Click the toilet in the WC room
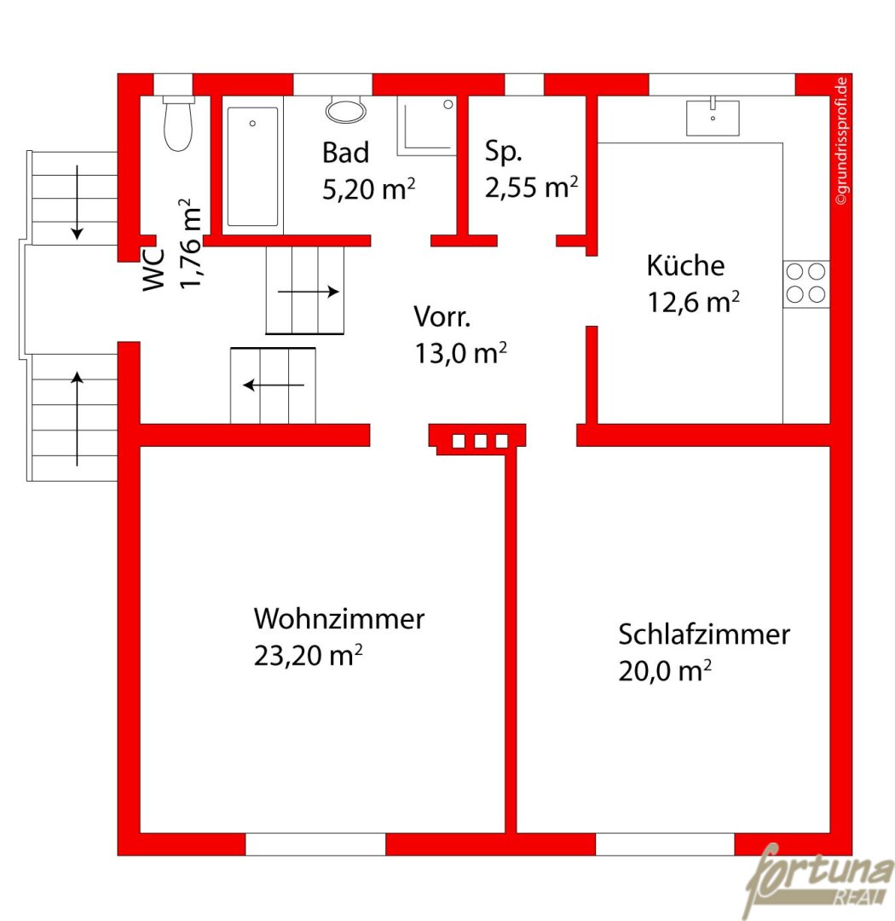[x=178, y=124]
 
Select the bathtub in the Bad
[x=252, y=166]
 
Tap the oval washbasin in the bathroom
[x=346, y=110]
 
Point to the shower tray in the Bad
[x=427, y=125]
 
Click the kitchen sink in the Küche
[x=713, y=116]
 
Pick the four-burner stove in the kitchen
[x=805, y=284]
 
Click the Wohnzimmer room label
[x=339, y=618]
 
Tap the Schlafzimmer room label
[x=703, y=634]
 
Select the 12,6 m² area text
[x=693, y=302]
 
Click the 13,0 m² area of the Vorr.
[x=460, y=353]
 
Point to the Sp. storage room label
[x=503, y=152]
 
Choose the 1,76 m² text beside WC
[x=190, y=244]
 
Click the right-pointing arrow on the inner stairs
[x=309, y=292]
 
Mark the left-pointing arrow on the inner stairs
[x=274, y=385]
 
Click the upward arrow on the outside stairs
[x=77, y=419]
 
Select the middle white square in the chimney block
[x=481, y=441]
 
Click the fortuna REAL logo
[x=819, y=878]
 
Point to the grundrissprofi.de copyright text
[x=841, y=141]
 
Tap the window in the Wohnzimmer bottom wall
[x=315, y=844]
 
